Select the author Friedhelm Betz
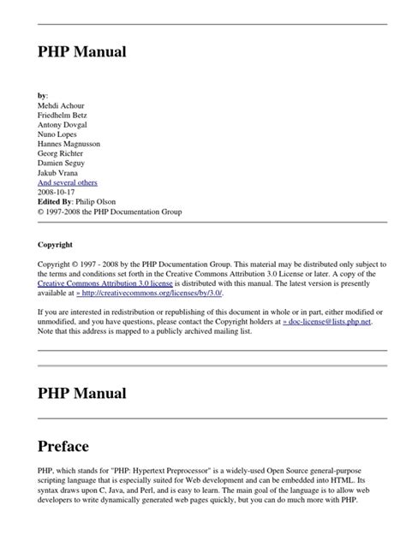click(x=66, y=116)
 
